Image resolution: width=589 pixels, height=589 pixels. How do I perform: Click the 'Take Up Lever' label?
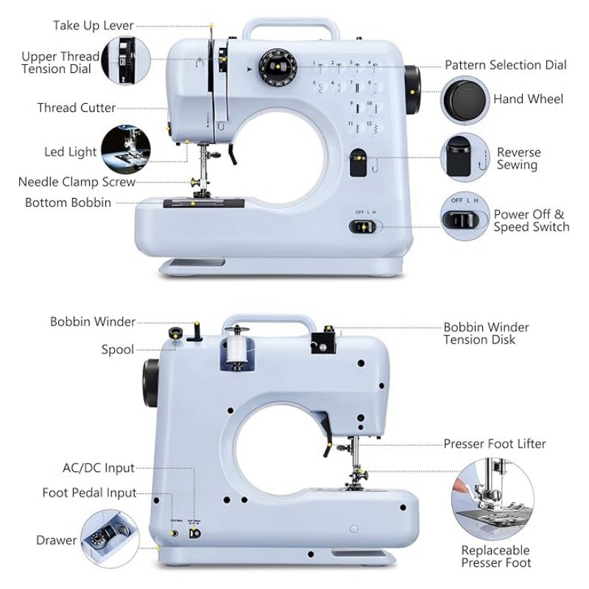tap(93, 26)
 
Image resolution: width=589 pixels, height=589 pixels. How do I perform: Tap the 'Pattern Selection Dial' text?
tap(506, 65)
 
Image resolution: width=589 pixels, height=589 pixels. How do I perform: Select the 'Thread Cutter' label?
tap(77, 108)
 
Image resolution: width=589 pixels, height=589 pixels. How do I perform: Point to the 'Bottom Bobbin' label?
tap(68, 202)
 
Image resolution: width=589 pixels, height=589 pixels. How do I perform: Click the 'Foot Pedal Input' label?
tap(89, 493)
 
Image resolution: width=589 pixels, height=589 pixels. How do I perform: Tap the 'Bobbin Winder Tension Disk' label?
tap(486, 333)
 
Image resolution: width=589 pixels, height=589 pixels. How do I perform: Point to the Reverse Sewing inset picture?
tap(463, 157)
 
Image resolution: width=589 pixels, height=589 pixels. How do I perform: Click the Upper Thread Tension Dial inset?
tap(124, 62)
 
